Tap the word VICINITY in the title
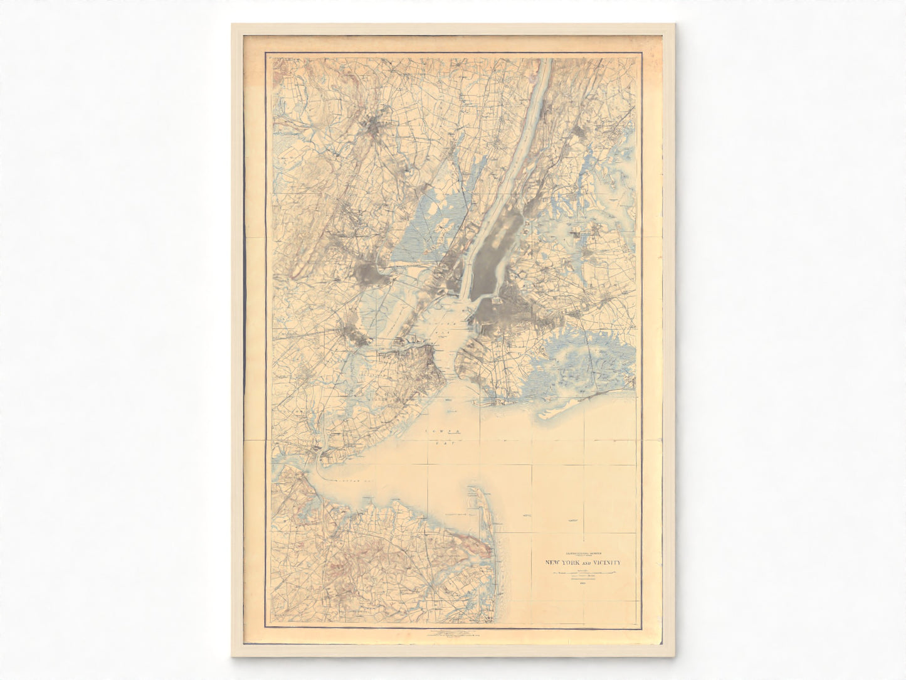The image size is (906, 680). point(603,563)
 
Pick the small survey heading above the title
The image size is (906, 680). point(582,553)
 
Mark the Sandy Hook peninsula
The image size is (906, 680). point(478,502)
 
